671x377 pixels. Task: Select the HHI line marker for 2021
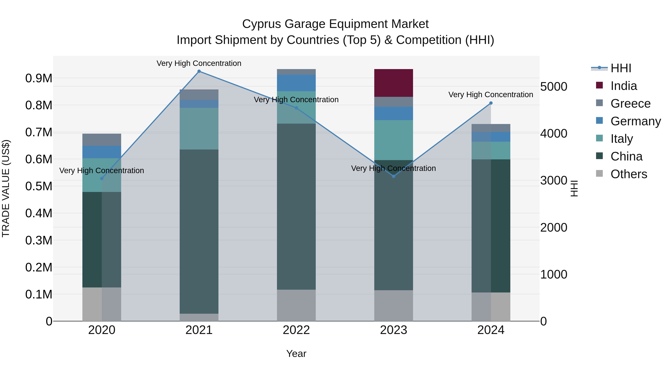(x=199, y=71)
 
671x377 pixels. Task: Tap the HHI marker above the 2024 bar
(x=491, y=103)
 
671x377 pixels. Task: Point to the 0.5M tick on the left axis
(x=39, y=186)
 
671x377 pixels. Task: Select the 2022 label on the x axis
(x=296, y=330)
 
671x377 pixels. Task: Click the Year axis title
(x=296, y=354)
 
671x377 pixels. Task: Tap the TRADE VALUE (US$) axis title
(x=6, y=188)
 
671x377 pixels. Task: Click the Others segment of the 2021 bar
(x=199, y=317)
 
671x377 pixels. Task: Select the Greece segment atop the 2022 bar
(x=296, y=72)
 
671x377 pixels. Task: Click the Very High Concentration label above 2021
(x=199, y=63)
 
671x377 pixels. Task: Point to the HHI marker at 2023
(x=394, y=176)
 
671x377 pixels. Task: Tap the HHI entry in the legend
(x=621, y=68)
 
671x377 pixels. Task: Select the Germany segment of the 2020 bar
(x=102, y=152)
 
